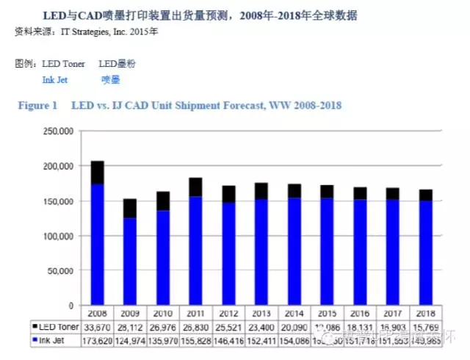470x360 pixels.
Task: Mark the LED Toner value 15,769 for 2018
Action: tap(427, 326)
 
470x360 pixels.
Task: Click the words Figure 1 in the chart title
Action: tap(37, 106)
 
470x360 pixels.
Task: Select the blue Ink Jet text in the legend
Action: tap(55, 80)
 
